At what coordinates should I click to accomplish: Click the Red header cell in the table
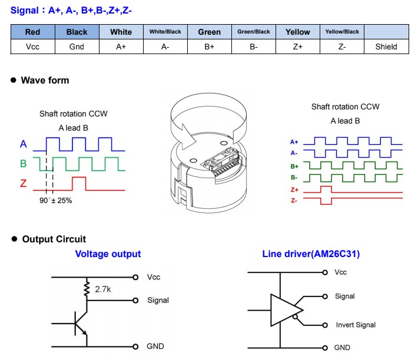(x=33, y=32)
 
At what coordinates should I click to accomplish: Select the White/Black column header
(x=165, y=32)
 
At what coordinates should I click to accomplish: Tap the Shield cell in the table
(x=386, y=46)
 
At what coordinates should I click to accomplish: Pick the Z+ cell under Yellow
(x=298, y=46)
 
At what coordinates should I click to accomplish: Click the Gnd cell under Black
(x=77, y=46)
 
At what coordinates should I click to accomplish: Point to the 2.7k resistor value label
(x=103, y=289)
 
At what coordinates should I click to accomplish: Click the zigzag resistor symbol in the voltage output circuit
(x=87, y=289)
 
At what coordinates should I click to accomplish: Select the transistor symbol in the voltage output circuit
(x=81, y=324)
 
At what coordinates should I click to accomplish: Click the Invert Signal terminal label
(x=356, y=325)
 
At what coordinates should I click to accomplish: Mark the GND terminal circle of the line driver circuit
(x=325, y=348)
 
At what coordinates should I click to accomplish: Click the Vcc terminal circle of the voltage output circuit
(x=135, y=277)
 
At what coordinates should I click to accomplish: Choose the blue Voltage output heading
(x=108, y=254)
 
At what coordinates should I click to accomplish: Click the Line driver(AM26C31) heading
(x=311, y=254)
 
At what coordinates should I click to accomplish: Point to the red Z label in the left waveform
(x=24, y=184)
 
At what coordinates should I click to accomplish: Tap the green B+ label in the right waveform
(x=294, y=166)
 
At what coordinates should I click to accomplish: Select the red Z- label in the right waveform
(x=294, y=201)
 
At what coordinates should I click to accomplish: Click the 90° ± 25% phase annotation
(x=56, y=201)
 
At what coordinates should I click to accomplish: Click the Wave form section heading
(x=45, y=80)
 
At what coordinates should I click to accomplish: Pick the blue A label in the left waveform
(x=24, y=144)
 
